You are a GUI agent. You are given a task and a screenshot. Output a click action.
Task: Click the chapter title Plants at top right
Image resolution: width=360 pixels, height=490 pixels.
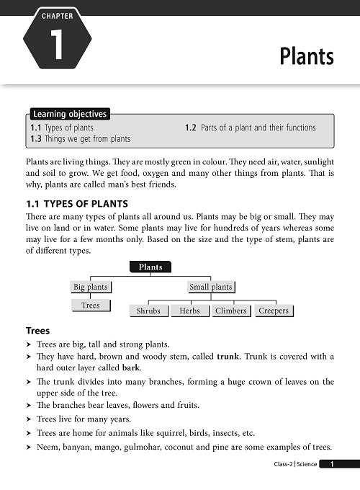[x=307, y=56]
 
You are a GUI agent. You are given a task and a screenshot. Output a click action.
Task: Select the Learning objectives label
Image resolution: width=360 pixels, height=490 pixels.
[x=70, y=114]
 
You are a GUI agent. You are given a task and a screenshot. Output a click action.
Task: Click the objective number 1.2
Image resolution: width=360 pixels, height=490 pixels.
[x=192, y=128]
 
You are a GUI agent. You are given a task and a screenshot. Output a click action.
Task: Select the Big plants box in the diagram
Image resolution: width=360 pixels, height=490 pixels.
[x=91, y=287]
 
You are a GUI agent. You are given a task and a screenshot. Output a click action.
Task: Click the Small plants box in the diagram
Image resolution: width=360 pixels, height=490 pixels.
[x=210, y=287]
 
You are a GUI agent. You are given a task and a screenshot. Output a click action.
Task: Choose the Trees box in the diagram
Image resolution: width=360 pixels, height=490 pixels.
[x=91, y=306]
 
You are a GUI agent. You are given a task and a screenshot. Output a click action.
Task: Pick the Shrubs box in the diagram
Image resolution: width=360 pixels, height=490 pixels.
[x=148, y=311]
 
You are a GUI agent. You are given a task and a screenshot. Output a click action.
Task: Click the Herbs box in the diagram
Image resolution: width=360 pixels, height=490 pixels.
[x=190, y=311]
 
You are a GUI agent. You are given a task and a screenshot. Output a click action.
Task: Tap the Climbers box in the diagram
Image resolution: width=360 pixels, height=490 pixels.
[x=231, y=311]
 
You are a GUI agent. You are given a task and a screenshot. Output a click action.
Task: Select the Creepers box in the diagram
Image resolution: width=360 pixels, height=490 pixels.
[x=274, y=311]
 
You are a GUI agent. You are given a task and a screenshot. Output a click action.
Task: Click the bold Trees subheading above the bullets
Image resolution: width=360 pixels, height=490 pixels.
[x=37, y=331]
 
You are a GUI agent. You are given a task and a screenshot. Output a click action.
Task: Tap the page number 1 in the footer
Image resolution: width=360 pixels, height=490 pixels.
[x=332, y=465]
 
